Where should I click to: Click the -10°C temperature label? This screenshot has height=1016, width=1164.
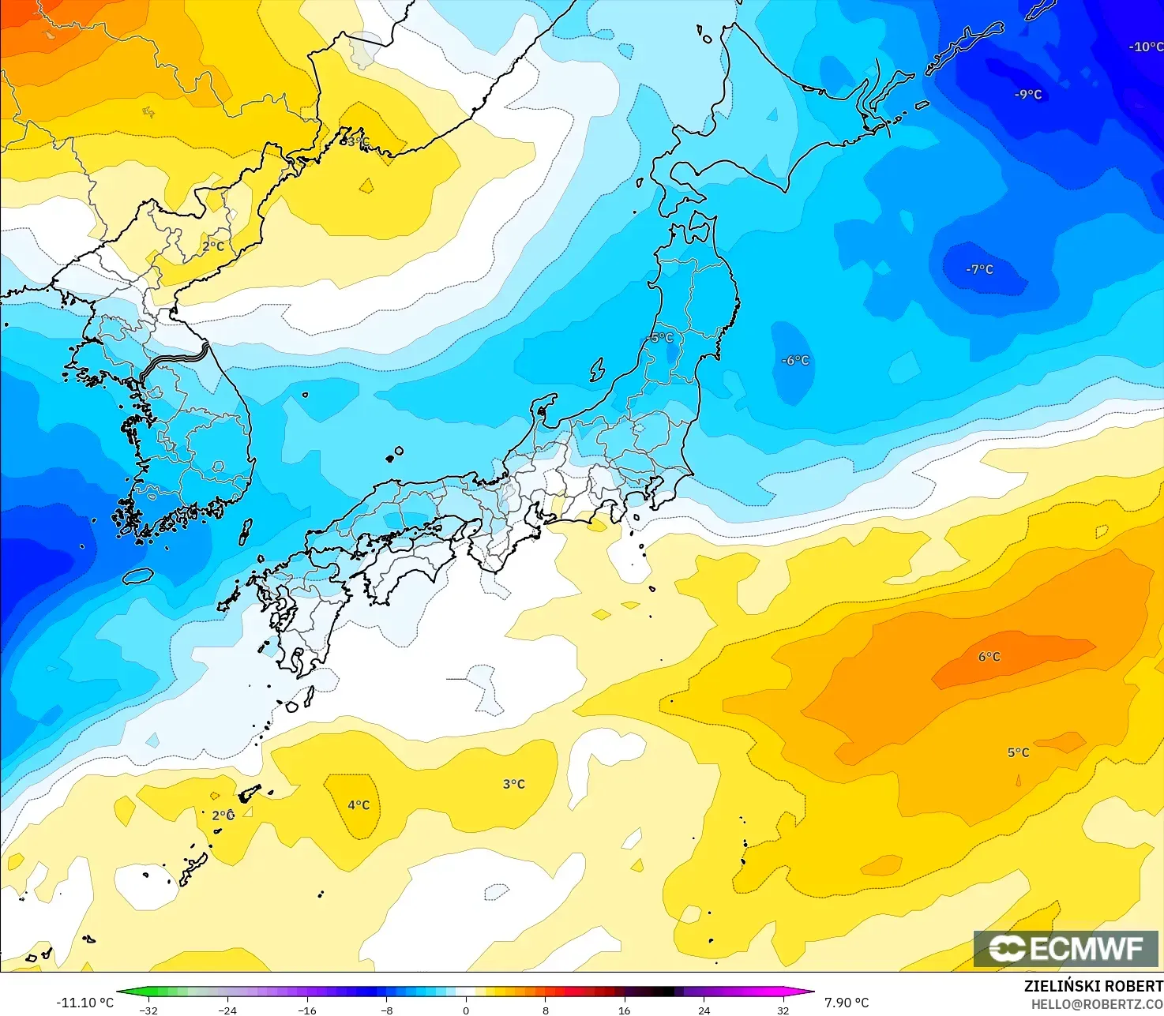tap(1146, 47)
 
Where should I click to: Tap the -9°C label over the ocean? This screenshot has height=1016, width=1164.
tap(1028, 95)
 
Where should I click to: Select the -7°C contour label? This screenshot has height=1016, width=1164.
tap(979, 269)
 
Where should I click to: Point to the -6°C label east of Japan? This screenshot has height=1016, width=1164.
tap(795, 360)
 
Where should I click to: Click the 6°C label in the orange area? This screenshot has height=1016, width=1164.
tap(989, 657)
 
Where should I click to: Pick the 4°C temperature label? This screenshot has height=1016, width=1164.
tap(359, 805)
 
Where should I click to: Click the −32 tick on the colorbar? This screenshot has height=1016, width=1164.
tap(148, 1010)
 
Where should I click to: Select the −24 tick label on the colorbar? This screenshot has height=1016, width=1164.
tap(227, 1010)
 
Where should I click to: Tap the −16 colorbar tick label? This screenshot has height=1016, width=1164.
tap(306, 1010)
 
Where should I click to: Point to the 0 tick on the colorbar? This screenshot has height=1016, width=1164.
tap(466, 1010)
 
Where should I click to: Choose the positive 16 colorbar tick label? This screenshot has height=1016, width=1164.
tap(625, 1010)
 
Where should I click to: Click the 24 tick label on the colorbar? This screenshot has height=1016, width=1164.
tap(704, 1010)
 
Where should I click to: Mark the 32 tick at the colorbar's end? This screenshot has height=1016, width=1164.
tap(783, 1010)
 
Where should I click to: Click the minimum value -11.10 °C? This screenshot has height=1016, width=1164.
tap(84, 1003)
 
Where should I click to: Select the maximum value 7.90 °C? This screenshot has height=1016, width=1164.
tap(847, 1003)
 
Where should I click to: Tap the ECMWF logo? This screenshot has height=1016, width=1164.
tap(1066, 948)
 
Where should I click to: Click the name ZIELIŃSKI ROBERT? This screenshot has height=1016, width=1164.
tap(1094, 986)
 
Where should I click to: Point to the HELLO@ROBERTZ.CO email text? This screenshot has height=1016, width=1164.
tap(1097, 1003)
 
